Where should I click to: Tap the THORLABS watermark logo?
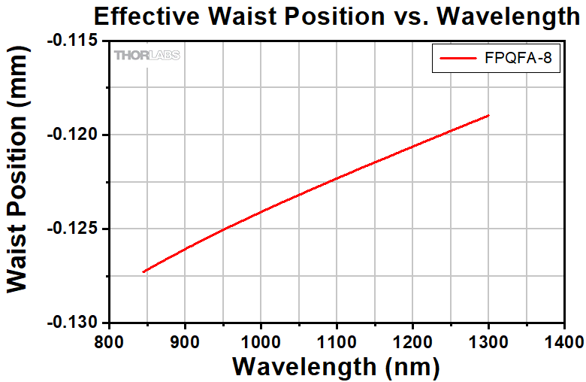click(146, 55)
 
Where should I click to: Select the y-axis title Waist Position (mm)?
click(21, 182)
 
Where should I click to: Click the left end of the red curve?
click(143, 271)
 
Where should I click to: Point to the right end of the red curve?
click(489, 115)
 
